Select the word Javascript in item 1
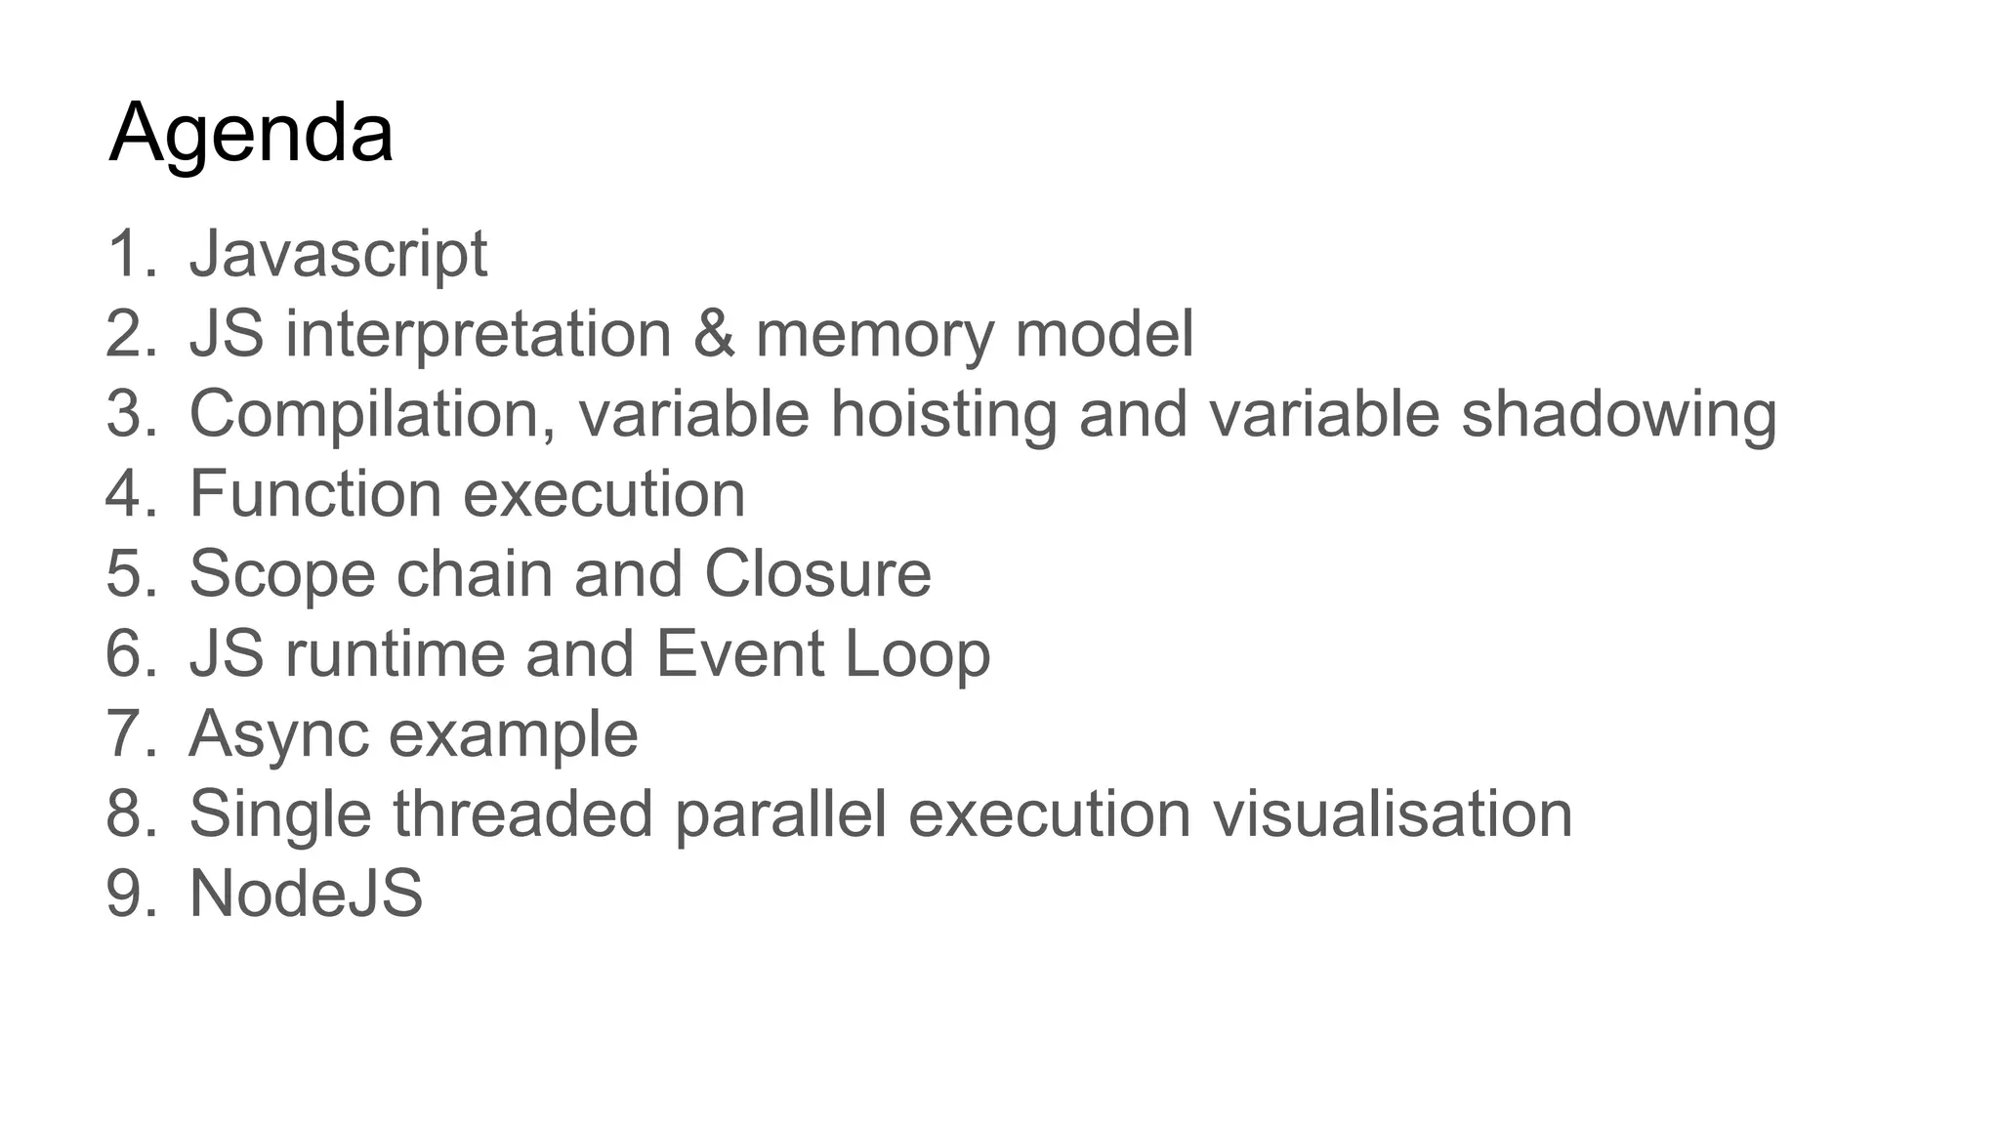pyautogui.click(x=338, y=254)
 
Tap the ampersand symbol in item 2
pyautogui.click(x=714, y=334)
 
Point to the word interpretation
pyautogui.click(x=479, y=334)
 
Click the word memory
pyautogui.click(x=874, y=334)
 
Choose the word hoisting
pyautogui.click(x=943, y=414)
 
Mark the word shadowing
pyautogui.click(x=1618, y=414)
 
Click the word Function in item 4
pyautogui.click(x=315, y=494)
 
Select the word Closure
pyautogui.click(x=817, y=574)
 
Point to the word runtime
pyautogui.click(x=395, y=654)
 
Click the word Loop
pyautogui.click(x=917, y=654)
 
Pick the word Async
pyautogui.click(x=279, y=734)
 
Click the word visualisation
pyautogui.click(x=1392, y=814)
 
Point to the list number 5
pyautogui.click(x=128, y=574)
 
